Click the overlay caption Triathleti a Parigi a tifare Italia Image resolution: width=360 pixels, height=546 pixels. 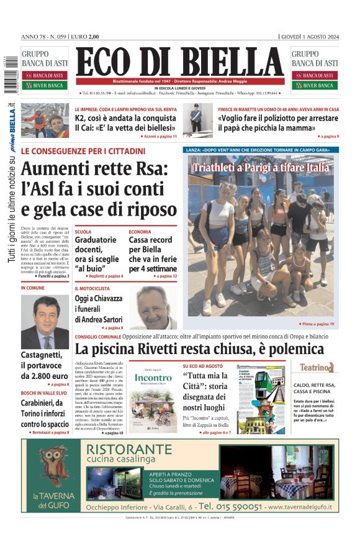(260, 168)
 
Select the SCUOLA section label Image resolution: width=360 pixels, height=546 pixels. (83, 232)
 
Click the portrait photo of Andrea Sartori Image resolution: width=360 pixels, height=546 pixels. (153, 307)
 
